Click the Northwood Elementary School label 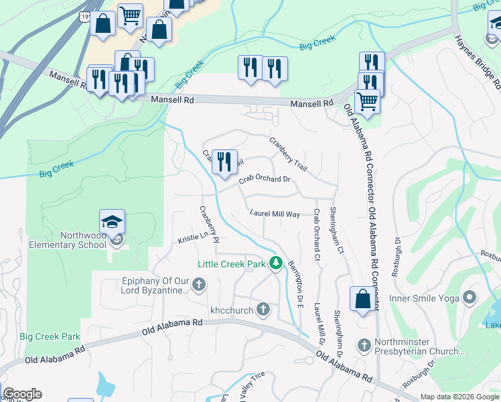67,240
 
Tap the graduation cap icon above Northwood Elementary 113,221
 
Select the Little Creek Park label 231,264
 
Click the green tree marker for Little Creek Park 275,263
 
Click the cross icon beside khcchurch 263,309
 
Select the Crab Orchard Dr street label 265,179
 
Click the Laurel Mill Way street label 275,214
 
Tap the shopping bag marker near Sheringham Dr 362,299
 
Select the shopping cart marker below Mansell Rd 367,102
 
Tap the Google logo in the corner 22,394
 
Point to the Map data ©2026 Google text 459,397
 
